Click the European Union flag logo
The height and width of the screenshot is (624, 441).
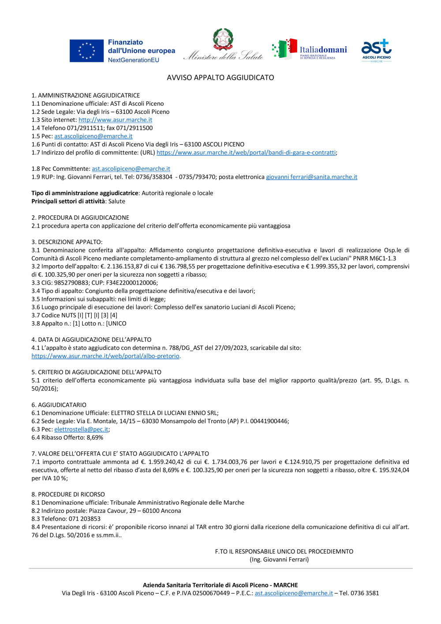click(x=86, y=51)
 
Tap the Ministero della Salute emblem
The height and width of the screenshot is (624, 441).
click(x=223, y=40)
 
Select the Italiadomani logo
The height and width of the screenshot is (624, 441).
click(x=310, y=49)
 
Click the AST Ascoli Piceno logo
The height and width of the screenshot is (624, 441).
click(x=376, y=50)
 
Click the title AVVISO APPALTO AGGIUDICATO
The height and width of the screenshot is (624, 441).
click(x=220, y=78)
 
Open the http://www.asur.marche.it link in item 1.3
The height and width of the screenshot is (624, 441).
click(x=115, y=120)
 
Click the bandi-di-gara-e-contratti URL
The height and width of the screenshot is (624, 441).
click(x=246, y=153)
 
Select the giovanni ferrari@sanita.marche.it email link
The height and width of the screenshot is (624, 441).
click(x=311, y=177)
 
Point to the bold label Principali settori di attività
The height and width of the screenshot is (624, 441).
click(x=68, y=201)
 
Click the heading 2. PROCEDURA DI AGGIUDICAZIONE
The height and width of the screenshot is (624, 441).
click(x=80, y=218)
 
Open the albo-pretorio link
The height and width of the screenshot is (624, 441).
click(x=105, y=356)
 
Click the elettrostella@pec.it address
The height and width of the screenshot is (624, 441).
click(x=81, y=429)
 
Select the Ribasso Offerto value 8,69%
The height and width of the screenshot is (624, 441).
click(x=95, y=438)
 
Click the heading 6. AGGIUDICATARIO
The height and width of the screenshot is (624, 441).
click(x=59, y=405)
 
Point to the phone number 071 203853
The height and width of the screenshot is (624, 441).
click(x=84, y=519)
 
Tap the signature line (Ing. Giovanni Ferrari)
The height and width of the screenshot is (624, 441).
click(x=279, y=560)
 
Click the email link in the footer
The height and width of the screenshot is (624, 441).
click(x=294, y=594)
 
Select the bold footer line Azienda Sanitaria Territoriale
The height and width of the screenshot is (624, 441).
click(x=220, y=585)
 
